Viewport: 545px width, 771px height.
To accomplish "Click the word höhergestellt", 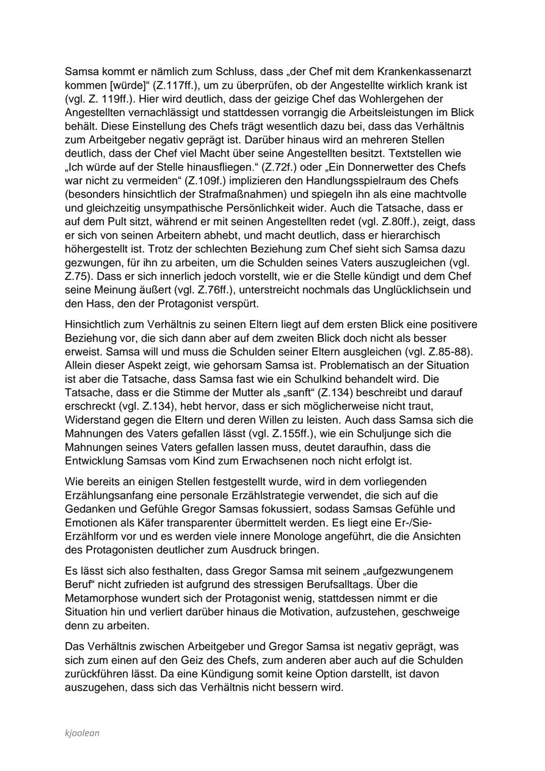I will point(97,249).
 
